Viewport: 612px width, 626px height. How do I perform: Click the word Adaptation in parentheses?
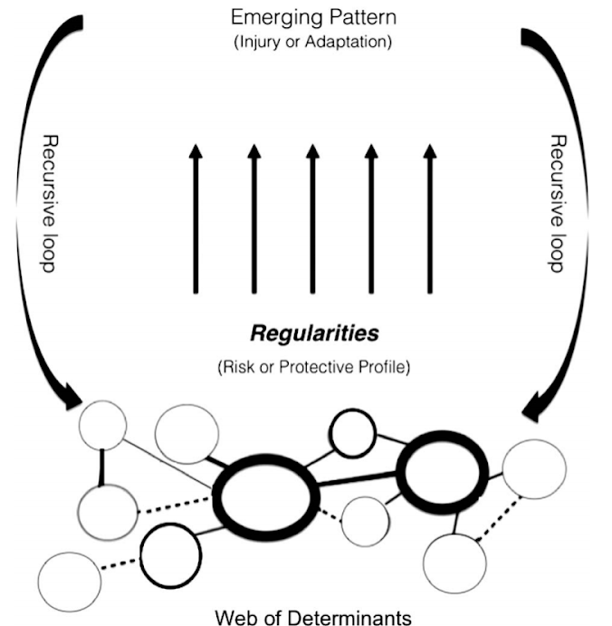coord(348,42)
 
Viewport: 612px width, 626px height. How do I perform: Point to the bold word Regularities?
coord(314,333)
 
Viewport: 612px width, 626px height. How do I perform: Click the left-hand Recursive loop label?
coord(50,204)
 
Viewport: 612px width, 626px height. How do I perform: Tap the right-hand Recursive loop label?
coord(558,204)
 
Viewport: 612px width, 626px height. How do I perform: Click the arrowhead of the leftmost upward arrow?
coord(196,151)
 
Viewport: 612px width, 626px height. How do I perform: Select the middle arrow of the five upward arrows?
coord(312,218)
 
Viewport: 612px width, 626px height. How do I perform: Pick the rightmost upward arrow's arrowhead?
coord(430,151)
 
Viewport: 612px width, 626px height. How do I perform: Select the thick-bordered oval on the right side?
coord(400,473)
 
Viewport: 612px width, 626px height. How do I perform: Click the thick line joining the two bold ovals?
coord(358,479)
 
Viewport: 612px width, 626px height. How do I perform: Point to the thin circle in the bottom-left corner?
coord(39,583)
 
